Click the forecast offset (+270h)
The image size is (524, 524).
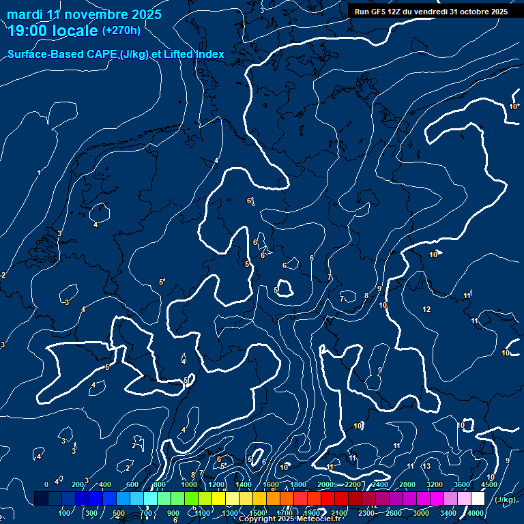(x=121, y=31)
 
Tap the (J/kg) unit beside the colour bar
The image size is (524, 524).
(x=505, y=499)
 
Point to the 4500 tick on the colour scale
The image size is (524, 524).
(x=489, y=484)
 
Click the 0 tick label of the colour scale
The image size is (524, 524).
(x=46, y=484)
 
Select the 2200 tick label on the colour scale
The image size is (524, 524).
(x=352, y=484)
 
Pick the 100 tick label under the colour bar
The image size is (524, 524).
(x=65, y=513)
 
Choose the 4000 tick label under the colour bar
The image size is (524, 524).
(x=476, y=513)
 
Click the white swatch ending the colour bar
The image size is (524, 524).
(x=478, y=499)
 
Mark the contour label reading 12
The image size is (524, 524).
(x=426, y=310)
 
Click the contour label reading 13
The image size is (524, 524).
(x=426, y=466)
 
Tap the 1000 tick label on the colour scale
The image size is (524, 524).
(x=189, y=484)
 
